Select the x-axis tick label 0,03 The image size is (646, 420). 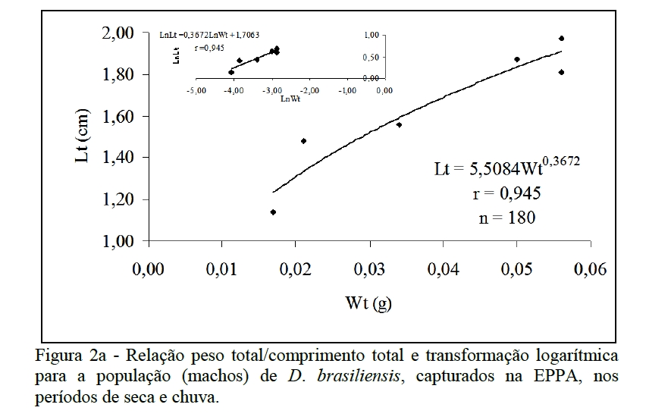[x=371, y=271]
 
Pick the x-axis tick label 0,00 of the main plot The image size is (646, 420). [x=149, y=271]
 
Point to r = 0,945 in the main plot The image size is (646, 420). [x=506, y=193]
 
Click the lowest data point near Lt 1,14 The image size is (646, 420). [x=273, y=212]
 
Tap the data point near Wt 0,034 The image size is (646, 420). [x=399, y=124]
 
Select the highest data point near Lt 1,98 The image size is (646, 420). [x=561, y=38]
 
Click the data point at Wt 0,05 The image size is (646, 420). [x=517, y=59]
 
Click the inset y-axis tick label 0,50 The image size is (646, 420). [x=370, y=57]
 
